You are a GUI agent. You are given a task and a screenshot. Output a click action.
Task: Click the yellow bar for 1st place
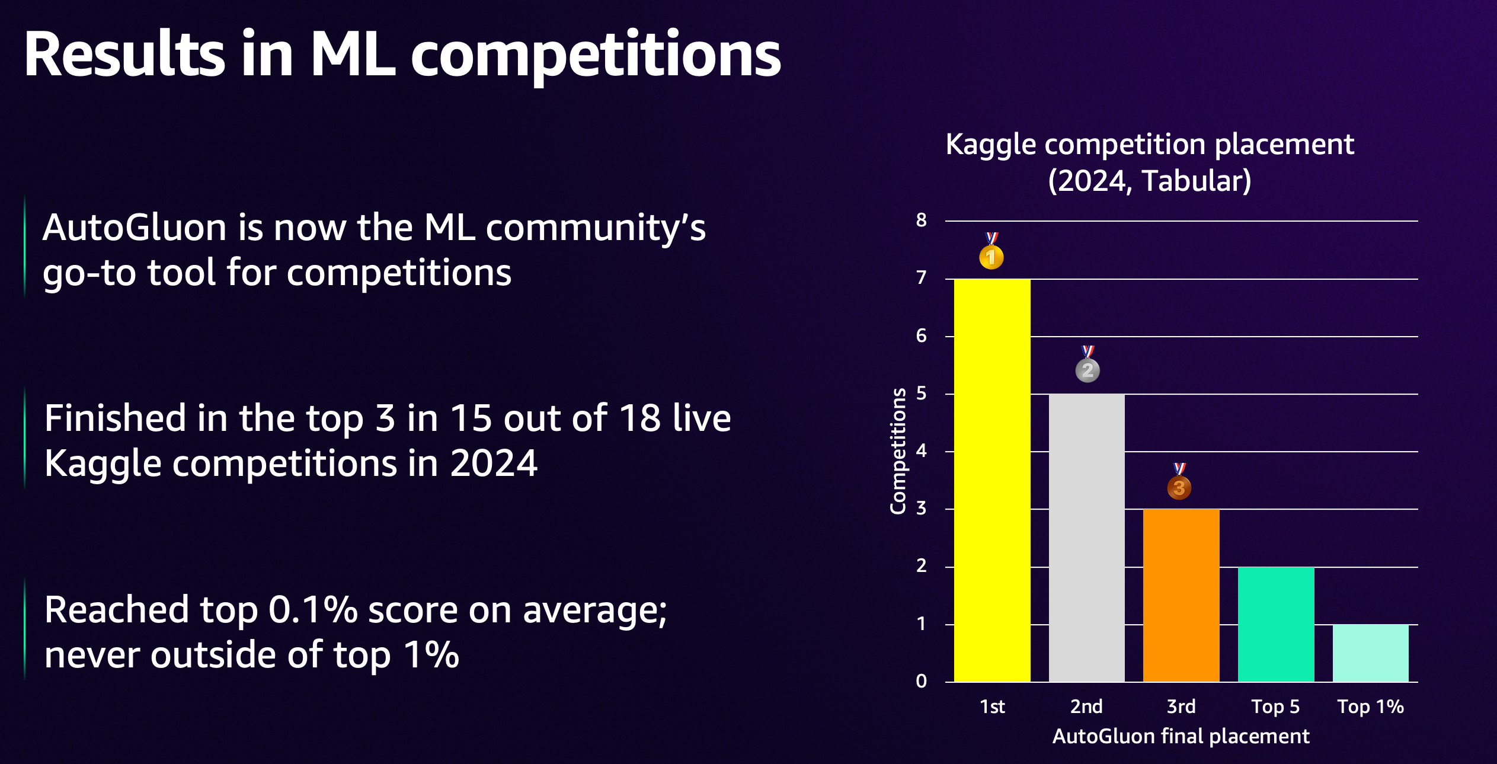click(x=992, y=480)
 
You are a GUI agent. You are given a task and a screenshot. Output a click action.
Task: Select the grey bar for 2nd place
click(x=1087, y=538)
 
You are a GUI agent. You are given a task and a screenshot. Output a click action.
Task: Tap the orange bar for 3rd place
click(x=1181, y=595)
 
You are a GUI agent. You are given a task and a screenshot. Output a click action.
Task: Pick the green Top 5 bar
click(x=1276, y=624)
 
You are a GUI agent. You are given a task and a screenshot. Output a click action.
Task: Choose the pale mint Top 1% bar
click(x=1371, y=653)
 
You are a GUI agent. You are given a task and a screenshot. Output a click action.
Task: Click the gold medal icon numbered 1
click(x=991, y=251)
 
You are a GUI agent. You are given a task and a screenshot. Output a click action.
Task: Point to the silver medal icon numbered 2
click(x=1087, y=364)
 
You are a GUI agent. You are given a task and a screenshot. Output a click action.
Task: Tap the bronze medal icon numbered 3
click(x=1179, y=481)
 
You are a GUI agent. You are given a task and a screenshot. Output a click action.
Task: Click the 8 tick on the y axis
click(x=921, y=220)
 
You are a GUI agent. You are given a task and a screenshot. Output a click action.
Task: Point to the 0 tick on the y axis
click(x=921, y=681)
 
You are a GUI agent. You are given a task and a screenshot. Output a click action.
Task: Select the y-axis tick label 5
click(x=921, y=393)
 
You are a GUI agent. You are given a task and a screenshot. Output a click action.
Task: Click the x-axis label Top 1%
click(x=1371, y=707)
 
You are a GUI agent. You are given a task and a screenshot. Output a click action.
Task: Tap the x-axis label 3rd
click(x=1181, y=707)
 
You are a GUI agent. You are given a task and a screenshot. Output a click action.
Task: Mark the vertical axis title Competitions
click(x=898, y=451)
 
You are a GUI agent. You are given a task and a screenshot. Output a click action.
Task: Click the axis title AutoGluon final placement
click(x=1181, y=737)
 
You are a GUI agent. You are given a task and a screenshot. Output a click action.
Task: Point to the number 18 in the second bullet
click(x=640, y=418)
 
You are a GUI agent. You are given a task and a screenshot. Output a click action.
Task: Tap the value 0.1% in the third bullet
click(x=313, y=609)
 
